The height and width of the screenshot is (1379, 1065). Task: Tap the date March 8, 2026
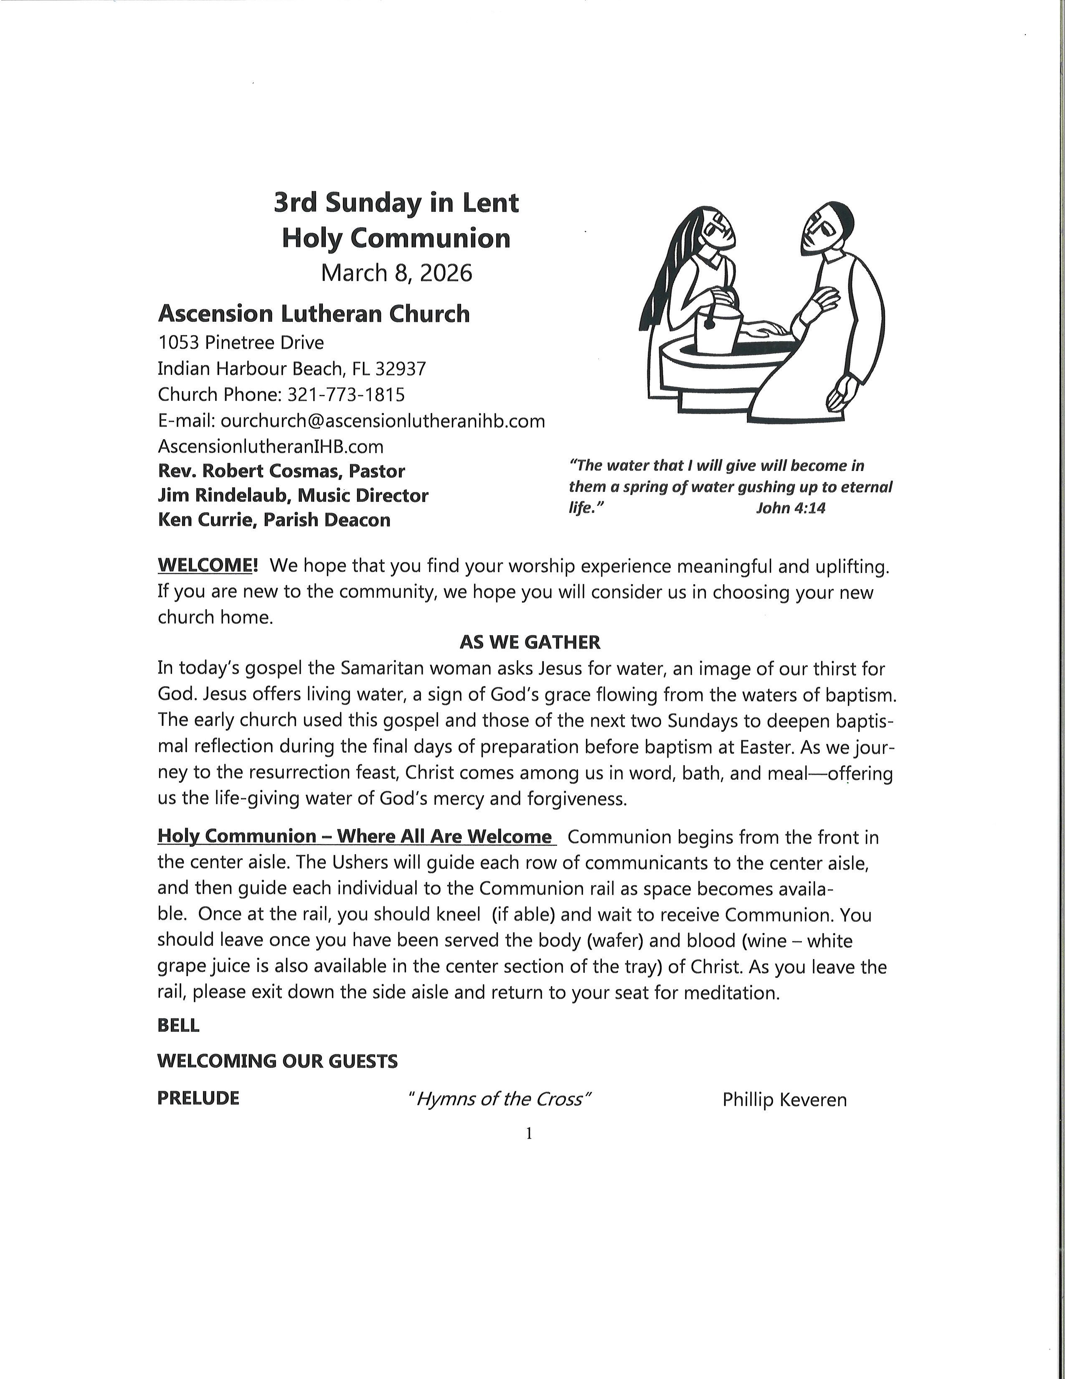[396, 273]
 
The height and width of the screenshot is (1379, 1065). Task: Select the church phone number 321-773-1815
[346, 394]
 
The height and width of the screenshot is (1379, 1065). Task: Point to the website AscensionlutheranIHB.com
[270, 446]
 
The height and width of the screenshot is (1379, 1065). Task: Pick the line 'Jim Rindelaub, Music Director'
[293, 496]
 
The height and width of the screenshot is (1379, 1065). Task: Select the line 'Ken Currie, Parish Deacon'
[274, 520]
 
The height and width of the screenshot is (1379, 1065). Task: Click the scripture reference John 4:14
[791, 508]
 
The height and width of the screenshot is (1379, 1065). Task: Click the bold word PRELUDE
[198, 1098]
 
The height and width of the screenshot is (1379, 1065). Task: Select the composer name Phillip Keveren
[784, 1100]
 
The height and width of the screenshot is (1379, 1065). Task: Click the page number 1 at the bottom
[529, 1134]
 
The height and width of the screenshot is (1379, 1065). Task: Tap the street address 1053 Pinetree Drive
[241, 343]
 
